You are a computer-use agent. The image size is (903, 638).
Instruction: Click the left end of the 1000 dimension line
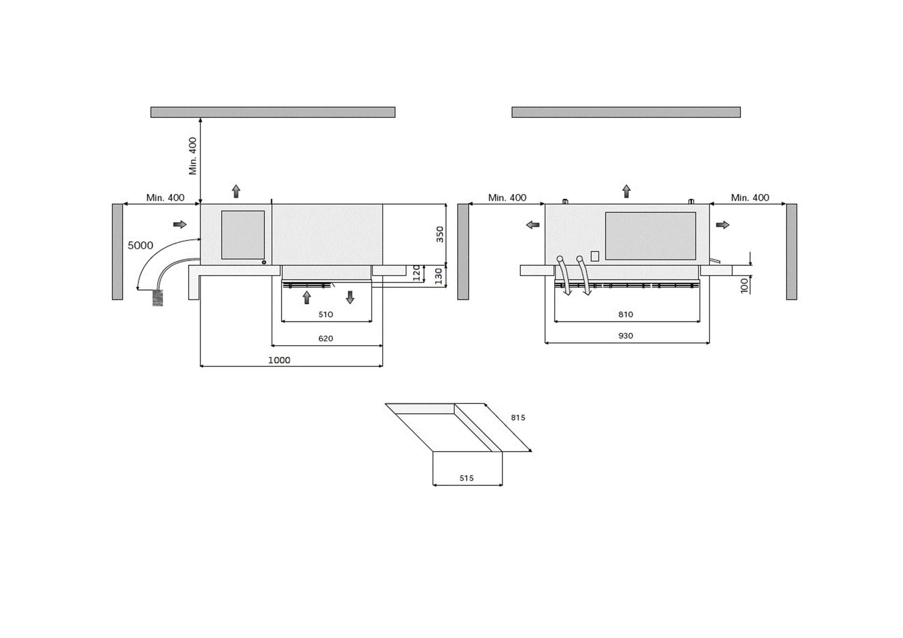pyautogui.click(x=200, y=366)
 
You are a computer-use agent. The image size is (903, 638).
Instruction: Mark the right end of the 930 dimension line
pyautogui.click(x=709, y=342)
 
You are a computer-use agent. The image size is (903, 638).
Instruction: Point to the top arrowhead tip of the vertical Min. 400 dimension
pyautogui.click(x=200, y=118)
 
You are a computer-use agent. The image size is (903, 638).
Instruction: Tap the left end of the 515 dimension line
pyautogui.click(x=433, y=485)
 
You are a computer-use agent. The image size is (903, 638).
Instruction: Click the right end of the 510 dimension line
pyautogui.click(x=372, y=321)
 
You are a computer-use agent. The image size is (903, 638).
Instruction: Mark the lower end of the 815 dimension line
pyautogui.click(x=531, y=451)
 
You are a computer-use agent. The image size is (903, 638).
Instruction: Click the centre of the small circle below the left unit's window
pyautogui.click(x=264, y=262)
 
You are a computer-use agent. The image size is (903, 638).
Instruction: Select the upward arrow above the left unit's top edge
pyautogui.click(x=236, y=191)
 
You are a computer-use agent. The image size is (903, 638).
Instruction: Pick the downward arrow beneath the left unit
pyautogui.click(x=350, y=298)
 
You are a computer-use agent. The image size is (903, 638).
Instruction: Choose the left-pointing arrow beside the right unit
pyautogui.click(x=533, y=225)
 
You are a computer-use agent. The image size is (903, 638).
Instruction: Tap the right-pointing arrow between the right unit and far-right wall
pyautogui.click(x=722, y=225)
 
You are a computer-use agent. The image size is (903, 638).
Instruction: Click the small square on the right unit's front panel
pyautogui.click(x=595, y=256)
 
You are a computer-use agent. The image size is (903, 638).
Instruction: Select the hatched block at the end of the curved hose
pyautogui.click(x=158, y=298)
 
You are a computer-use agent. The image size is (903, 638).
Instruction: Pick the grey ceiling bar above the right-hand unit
pyautogui.click(x=626, y=112)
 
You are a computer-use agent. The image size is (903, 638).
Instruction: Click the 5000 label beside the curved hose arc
pyautogui.click(x=140, y=245)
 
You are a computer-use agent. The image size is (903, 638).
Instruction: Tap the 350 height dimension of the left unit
pyautogui.click(x=440, y=234)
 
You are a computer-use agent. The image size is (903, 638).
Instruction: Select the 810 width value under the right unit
pyautogui.click(x=625, y=314)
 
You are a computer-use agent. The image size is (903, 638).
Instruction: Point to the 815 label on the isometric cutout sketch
pyautogui.click(x=518, y=418)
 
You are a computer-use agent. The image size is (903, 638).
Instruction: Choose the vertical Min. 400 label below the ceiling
pyautogui.click(x=193, y=156)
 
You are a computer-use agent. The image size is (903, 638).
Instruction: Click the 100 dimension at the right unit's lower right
pyautogui.click(x=744, y=286)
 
